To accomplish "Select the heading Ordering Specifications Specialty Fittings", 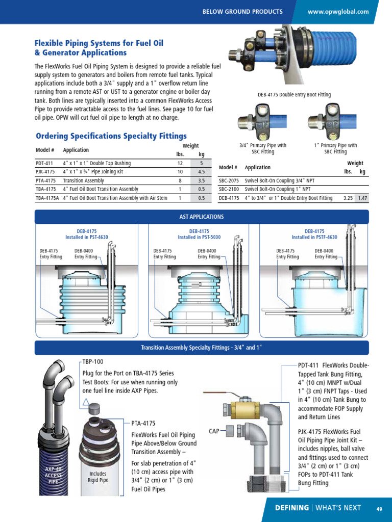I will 111,136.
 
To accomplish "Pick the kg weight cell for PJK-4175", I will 201,172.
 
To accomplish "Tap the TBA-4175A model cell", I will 47,198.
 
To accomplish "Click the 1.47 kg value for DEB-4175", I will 362,198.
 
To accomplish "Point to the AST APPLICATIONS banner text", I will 202,217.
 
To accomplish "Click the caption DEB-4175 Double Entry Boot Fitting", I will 294,95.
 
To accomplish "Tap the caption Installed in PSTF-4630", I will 314,237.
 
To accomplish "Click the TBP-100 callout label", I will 93,361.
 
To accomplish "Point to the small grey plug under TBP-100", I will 93,410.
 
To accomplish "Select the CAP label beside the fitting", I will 214,431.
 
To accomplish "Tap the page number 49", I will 379,508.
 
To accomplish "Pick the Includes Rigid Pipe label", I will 97,477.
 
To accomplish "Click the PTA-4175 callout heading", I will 143,423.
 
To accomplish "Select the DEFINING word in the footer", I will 292,508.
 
